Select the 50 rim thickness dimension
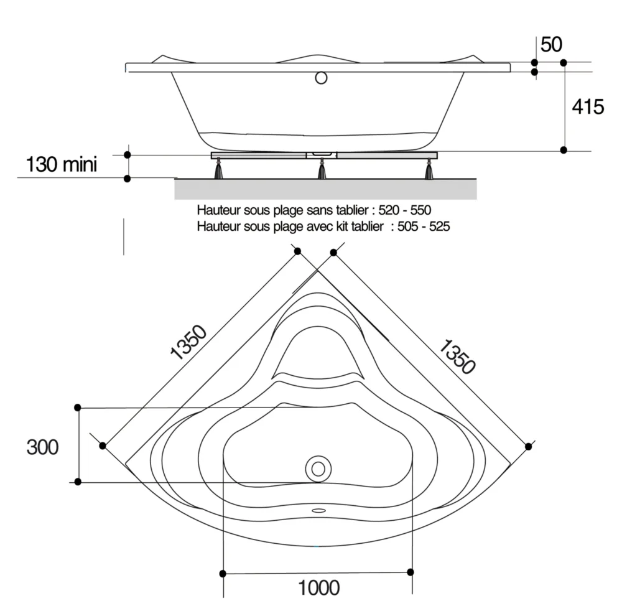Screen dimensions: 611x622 tap(551, 45)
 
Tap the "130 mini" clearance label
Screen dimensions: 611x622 tap(62, 166)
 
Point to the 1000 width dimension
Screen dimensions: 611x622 tap(319, 587)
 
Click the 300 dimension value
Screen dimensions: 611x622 tap(42, 446)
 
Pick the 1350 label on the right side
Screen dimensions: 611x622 tap(457, 357)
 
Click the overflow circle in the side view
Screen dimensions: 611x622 tap(321, 78)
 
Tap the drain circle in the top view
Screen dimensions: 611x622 tap(318, 468)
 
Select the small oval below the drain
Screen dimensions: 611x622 tap(318, 511)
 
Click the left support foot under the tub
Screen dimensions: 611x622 tap(218, 170)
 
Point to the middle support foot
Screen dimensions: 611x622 tap(322, 170)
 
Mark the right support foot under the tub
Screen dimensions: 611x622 tap(429, 170)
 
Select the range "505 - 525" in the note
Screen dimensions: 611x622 tap(424, 226)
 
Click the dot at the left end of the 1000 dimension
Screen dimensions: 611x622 tap(223, 572)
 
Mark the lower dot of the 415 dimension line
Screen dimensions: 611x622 tap(564, 150)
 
